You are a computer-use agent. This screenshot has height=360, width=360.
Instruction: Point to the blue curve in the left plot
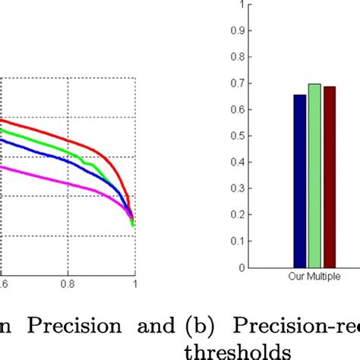click(x=46, y=156)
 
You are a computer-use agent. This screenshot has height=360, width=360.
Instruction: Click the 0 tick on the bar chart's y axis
click(x=242, y=267)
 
